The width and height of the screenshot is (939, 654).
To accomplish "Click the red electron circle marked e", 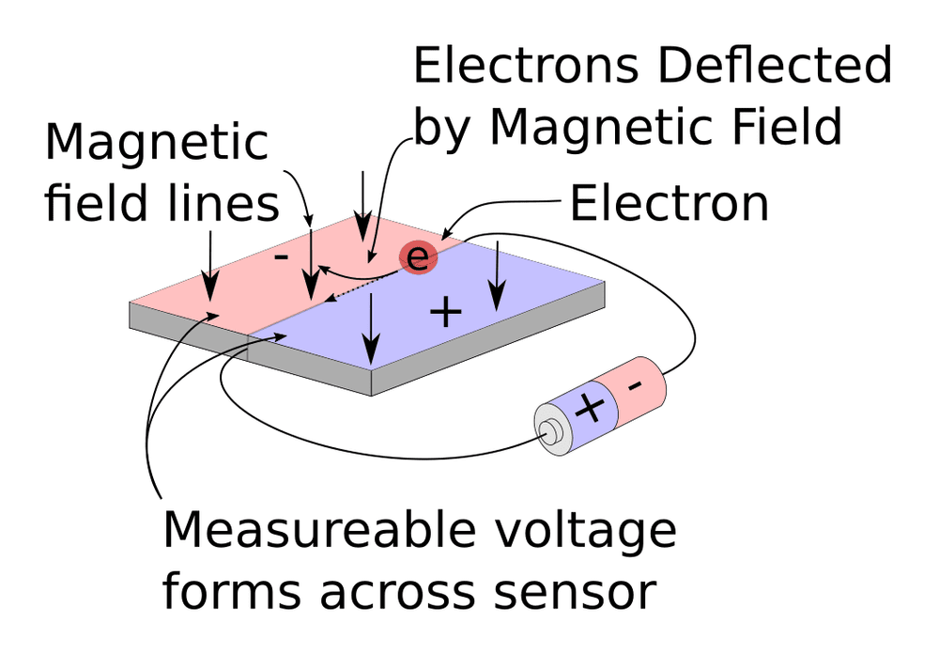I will tap(419, 256).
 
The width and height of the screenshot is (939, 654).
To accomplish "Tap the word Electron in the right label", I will tap(669, 204).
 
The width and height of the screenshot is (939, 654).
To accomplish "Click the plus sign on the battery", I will tap(590, 409).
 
